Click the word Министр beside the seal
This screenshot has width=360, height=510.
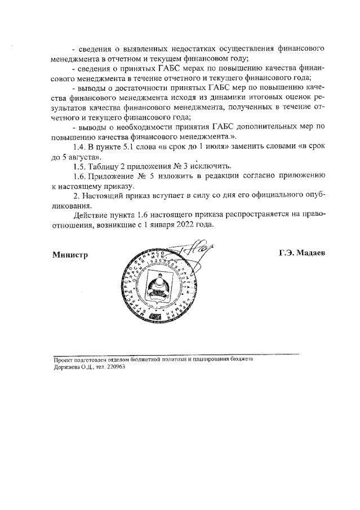70,254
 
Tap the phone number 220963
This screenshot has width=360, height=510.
114,366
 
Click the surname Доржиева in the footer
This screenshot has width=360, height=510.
67,366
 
